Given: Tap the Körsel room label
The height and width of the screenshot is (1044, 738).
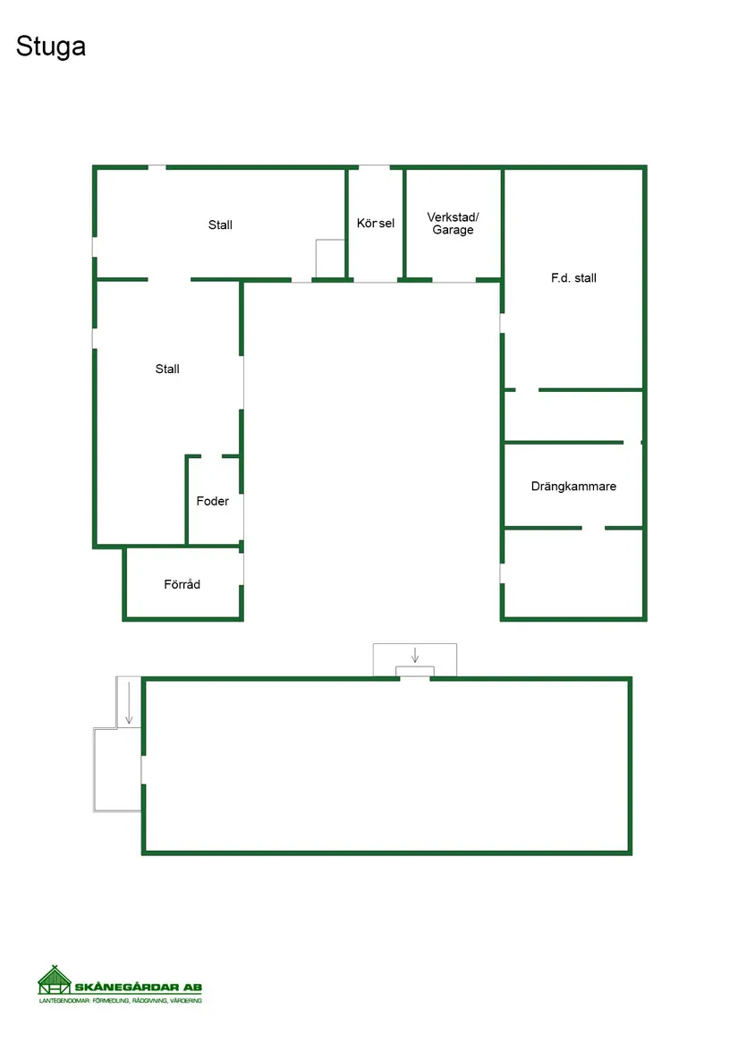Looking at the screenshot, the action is [x=376, y=223].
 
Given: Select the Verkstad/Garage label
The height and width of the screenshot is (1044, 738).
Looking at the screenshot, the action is [x=453, y=223].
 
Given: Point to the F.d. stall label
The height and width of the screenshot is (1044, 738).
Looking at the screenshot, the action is [x=573, y=277].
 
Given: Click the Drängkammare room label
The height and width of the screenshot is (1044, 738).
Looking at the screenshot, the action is [x=573, y=487].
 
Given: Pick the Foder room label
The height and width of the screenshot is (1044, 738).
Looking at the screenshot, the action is [x=213, y=501].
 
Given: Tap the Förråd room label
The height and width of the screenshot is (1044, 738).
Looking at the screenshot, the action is [x=182, y=584].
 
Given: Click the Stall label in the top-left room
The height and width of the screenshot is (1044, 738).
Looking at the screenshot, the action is [x=220, y=225].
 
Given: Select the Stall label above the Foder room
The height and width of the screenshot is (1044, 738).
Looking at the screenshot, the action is [x=167, y=369].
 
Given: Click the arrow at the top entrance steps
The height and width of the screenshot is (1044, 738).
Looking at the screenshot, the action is [x=415, y=655].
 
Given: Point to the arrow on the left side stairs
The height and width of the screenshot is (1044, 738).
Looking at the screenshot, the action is [x=129, y=702].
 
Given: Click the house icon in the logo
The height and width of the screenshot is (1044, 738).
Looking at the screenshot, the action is [x=55, y=980].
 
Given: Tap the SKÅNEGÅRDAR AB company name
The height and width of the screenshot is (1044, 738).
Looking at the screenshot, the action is [x=138, y=987].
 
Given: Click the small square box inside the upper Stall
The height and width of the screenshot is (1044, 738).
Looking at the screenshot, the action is [x=330, y=259].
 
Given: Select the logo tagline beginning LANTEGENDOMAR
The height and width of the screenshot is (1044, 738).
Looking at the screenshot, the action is [x=121, y=1000].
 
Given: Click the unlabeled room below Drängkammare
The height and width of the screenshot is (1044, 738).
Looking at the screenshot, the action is [x=573, y=573].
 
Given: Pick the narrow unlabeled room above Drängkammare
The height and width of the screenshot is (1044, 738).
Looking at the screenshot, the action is [x=573, y=415].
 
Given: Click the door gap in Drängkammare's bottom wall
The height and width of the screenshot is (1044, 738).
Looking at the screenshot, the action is [x=593, y=528].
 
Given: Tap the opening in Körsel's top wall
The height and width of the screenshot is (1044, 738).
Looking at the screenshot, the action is [x=374, y=167].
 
